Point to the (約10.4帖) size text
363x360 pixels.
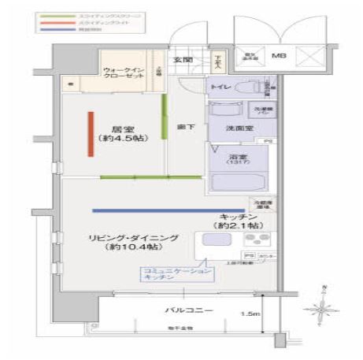128,248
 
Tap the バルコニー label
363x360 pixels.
188,311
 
